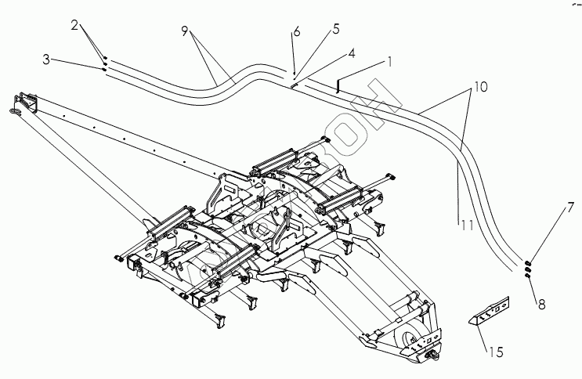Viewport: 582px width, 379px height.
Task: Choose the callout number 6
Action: point(297,33)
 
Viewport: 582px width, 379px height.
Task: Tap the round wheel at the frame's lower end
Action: point(408,338)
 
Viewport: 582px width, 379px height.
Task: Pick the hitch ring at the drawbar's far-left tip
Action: point(16,112)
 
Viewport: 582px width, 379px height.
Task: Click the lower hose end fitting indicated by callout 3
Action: point(104,68)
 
